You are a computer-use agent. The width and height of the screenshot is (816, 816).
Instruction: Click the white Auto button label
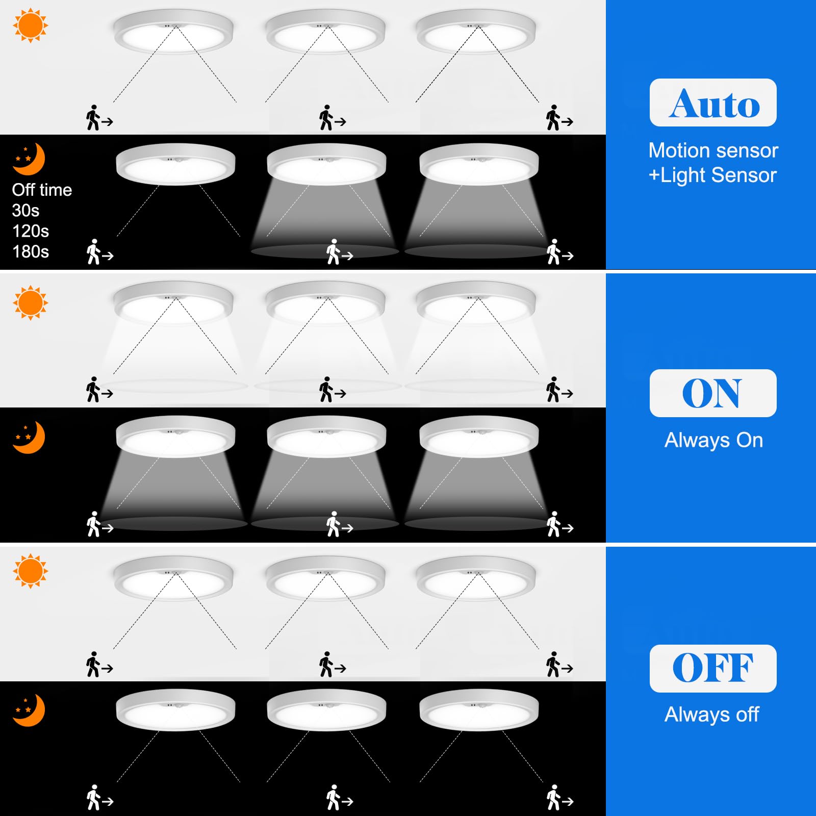712,103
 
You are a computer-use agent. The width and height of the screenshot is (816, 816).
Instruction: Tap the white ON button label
712,393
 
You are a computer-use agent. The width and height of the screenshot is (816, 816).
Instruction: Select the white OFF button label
712,668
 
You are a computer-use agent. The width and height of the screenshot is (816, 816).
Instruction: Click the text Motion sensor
713,150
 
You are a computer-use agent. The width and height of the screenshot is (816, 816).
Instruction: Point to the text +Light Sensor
712,175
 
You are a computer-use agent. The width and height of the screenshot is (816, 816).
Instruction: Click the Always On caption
713,440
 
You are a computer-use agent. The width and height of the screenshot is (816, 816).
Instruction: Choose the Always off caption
711,714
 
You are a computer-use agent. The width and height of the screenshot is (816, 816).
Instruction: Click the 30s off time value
25,210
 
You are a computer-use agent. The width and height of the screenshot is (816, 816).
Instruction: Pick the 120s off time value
31,231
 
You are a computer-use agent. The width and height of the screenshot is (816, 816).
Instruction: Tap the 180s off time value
31,251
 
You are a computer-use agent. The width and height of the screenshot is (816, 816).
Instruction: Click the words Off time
42,190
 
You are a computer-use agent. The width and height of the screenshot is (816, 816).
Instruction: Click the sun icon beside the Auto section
30,25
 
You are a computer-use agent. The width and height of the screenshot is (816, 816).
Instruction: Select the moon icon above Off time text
29,159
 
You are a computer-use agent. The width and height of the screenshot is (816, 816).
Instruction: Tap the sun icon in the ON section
30,302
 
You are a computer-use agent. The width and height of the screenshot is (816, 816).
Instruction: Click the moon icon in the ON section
29,437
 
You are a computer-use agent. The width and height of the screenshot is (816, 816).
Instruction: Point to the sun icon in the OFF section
30,571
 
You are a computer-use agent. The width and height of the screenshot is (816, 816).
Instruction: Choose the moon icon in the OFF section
29,710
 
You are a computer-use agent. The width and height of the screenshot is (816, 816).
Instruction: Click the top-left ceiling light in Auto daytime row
173,33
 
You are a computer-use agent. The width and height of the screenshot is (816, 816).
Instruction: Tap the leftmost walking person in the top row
93,118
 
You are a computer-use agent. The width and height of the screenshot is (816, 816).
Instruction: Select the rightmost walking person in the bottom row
554,798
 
